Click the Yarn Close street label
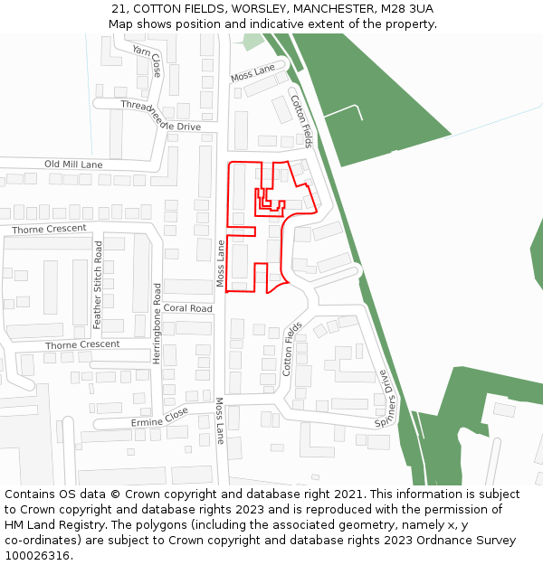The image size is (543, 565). pyautogui.click(x=148, y=60)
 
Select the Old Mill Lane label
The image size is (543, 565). pyautogui.click(x=73, y=165)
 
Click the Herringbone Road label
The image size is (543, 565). pyautogui.click(x=157, y=324)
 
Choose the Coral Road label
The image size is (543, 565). pyautogui.click(x=188, y=308)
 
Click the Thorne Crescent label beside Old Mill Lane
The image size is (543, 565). pyautogui.click(x=50, y=230)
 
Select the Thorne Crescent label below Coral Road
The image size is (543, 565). pyautogui.click(x=82, y=344)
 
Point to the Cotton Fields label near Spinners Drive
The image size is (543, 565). pyautogui.click(x=292, y=349)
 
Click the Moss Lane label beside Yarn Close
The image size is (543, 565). pyautogui.click(x=252, y=71)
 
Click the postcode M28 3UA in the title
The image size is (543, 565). pyautogui.click(x=406, y=9)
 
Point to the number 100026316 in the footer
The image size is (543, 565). pyautogui.click(x=37, y=555)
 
